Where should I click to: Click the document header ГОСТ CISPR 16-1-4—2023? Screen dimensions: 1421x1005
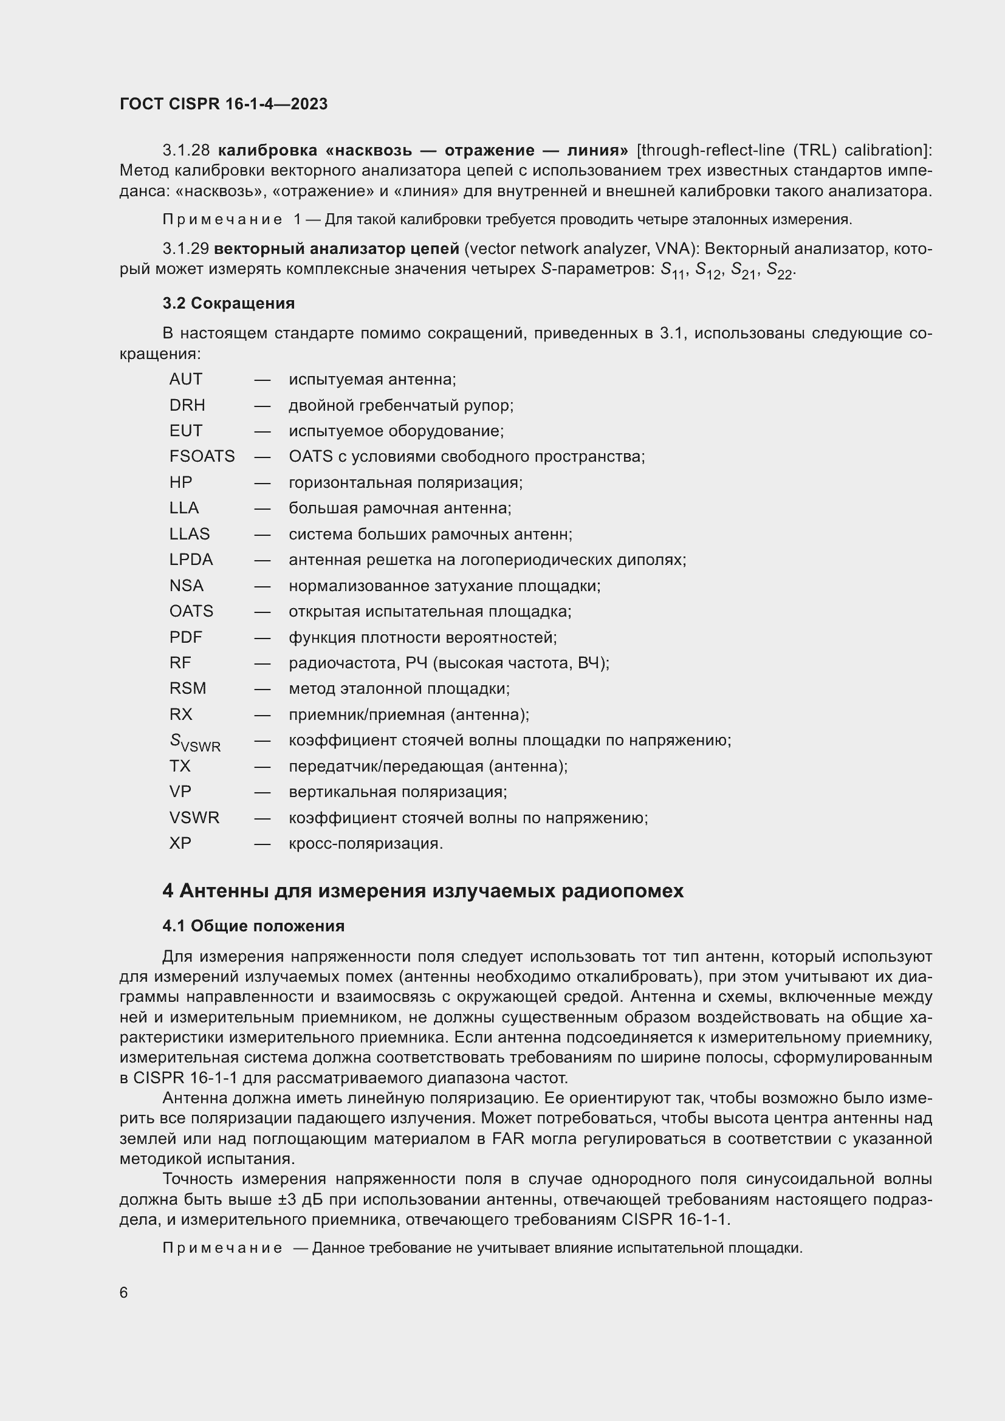224,104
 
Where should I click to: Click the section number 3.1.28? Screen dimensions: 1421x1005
186,151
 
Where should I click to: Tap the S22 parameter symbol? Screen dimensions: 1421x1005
779,270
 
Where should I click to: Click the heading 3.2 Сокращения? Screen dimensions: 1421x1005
228,303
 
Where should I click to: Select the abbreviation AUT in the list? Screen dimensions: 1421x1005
186,379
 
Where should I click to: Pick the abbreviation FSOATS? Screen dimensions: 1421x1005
202,457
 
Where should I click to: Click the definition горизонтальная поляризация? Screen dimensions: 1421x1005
405,482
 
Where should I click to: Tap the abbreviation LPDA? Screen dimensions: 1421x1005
191,560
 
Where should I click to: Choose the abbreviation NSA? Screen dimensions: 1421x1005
187,586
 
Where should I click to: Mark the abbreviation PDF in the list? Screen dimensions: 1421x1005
186,637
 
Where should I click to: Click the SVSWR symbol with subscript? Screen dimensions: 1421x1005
194,742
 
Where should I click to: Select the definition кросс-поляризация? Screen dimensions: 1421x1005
366,844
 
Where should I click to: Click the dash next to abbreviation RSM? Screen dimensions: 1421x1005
262,689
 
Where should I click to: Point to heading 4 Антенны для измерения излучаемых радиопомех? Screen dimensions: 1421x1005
423,891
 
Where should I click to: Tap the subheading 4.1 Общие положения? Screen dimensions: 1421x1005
253,926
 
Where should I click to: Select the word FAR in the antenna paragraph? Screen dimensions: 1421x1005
508,1139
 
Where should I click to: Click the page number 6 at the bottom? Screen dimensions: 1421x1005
124,1293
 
